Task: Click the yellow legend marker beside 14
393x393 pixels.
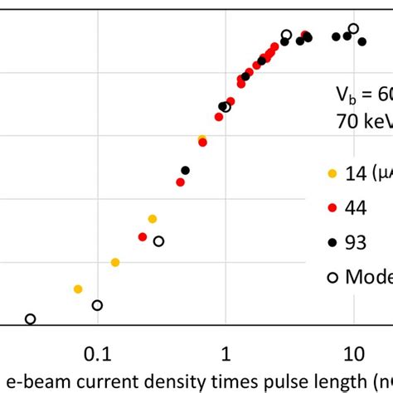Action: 332,174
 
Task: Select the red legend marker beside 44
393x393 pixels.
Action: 332,208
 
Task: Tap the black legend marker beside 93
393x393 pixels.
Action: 332,242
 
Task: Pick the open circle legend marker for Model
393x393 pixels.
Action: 332,278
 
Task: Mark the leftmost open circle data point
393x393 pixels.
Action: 31,319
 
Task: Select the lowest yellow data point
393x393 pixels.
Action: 78,289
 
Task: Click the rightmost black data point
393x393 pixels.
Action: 361,41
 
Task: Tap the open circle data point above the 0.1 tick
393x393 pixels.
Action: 97,305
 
